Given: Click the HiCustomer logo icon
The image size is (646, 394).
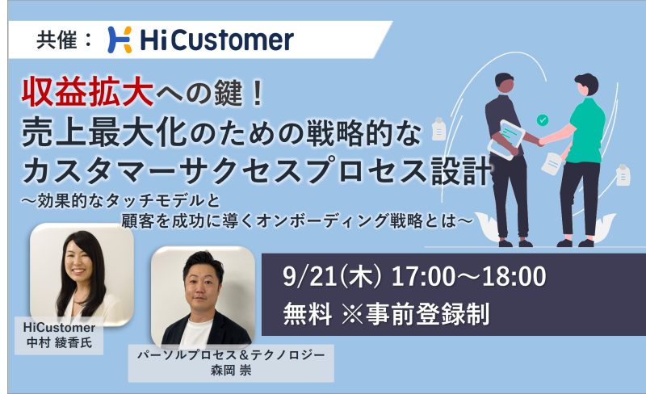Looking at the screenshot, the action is click(x=120, y=40).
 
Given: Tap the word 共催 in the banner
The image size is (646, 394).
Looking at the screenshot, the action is click(x=57, y=40).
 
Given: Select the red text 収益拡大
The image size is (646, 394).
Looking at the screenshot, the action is click(x=87, y=92).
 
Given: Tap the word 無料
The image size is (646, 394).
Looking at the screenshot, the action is click(x=308, y=314).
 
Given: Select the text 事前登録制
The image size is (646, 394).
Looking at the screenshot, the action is click(x=427, y=314).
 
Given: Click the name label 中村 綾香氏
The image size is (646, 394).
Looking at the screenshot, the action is click(x=59, y=342).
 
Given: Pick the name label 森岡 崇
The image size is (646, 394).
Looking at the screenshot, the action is click(x=231, y=370).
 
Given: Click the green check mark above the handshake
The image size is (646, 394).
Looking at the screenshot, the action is click(x=542, y=120).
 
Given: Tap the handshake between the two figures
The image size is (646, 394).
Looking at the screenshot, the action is click(x=540, y=140).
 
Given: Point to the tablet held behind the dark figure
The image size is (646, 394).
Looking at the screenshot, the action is click(x=505, y=139).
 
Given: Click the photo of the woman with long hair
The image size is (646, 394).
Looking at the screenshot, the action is click(x=82, y=274).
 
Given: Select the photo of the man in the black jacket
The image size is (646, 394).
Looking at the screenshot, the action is click(x=203, y=297).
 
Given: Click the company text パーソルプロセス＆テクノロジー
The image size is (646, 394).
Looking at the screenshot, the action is click(x=231, y=355).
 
